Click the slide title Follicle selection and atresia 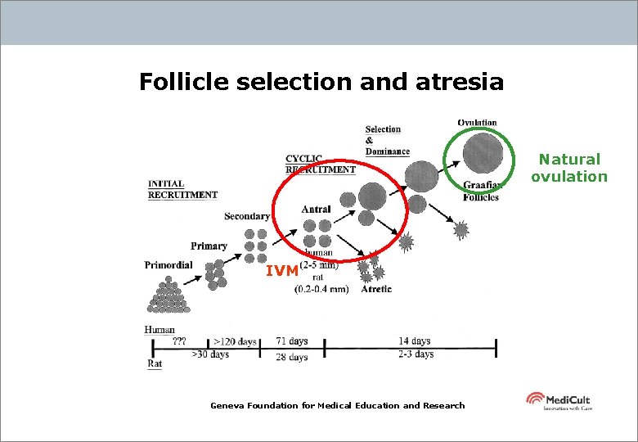[x=321, y=82]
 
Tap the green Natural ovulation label [x=569, y=168]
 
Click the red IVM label [x=281, y=271]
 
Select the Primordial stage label [x=168, y=264]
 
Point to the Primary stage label [x=209, y=246]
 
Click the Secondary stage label [x=247, y=216]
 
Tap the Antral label [x=317, y=210]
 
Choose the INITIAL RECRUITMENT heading [x=182, y=189]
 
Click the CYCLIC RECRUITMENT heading [x=320, y=164]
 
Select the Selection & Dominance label [x=386, y=140]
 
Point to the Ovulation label [x=477, y=123]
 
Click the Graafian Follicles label [x=481, y=191]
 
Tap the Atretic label [x=375, y=289]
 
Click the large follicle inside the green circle [x=483, y=153]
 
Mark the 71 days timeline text [x=292, y=341]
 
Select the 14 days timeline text [x=414, y=341]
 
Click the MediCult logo [x=558, y=401]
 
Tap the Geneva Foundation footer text [x=337, y=405]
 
